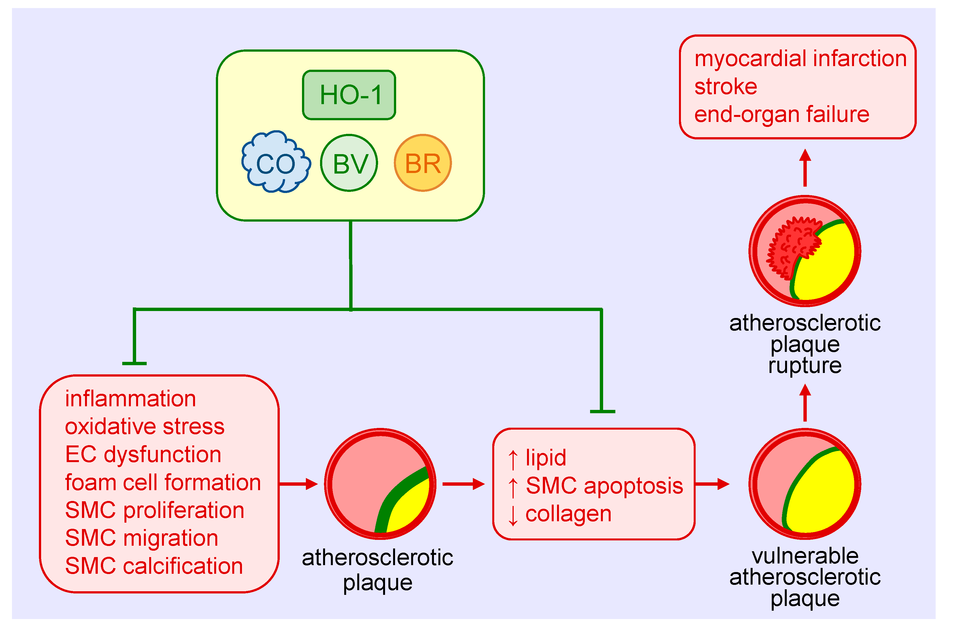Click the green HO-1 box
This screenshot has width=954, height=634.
[349, 95]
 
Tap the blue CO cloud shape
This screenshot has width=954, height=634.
[276, 162]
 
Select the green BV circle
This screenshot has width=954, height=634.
[349, 163]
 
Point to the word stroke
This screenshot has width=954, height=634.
[726, 87]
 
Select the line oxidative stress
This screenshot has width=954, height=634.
[144, 427]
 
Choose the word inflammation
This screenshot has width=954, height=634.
[130, 399]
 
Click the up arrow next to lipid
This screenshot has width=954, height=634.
[513, 460]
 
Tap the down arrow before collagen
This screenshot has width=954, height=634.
[513, 515]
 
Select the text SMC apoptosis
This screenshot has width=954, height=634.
[604, 486]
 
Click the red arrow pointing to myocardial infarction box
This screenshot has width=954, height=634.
[805, 168]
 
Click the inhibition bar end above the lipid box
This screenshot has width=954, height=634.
[603, 411]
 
